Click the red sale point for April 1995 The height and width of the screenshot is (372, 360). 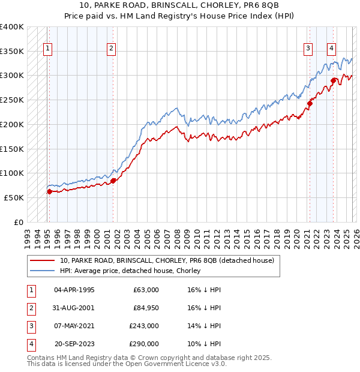pyautogui.click(x=49, y=191)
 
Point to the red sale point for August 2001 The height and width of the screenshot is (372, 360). pyautogui.click(x=113, y=181)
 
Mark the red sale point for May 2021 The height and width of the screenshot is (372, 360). pyautogui.click(x=310, y=103)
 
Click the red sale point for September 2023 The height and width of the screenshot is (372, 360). pyautogui.click(x=334, y=80)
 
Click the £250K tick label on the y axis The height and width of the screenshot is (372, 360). pyautogui.click(x=12, y=100)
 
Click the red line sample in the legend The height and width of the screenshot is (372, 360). pyautogui.click(x=43, y=260)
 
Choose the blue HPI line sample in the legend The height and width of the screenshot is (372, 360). pyautogui.click(x=43, y=271)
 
